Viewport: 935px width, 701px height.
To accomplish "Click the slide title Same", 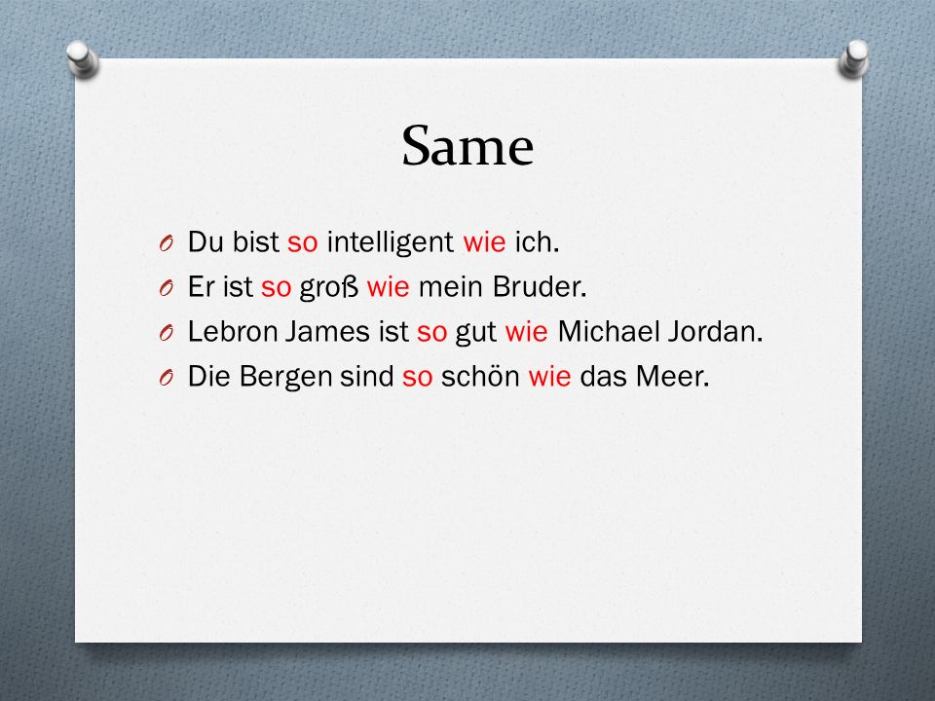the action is tap(467, 146).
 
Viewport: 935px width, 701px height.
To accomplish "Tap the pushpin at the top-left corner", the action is tap(82, 58).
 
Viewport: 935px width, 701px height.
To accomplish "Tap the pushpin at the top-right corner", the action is tap(854, 58).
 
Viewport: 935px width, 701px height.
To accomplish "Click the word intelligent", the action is tap(390, 242).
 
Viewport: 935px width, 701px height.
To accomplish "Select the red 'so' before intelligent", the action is tap(302, 243).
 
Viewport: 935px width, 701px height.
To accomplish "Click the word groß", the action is tap(328, 287).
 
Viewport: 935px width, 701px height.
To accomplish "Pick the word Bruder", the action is tap(540, 286).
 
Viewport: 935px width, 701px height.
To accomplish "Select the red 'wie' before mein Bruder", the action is tap(389, 286).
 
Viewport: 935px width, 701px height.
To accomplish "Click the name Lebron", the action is tap(232, 331).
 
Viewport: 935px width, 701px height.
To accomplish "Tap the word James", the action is tap(327, 331).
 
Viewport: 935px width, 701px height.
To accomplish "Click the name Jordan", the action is tap(715, 331).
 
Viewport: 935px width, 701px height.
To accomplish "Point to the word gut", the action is tap(476, 333).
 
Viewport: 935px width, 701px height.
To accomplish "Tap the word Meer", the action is tap(673, 376).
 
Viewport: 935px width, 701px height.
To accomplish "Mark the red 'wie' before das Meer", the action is tap(549, 376).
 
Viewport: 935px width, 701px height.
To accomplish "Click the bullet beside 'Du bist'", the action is tap(167, 243).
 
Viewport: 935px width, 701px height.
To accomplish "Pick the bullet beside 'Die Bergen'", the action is tap(167, 378).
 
